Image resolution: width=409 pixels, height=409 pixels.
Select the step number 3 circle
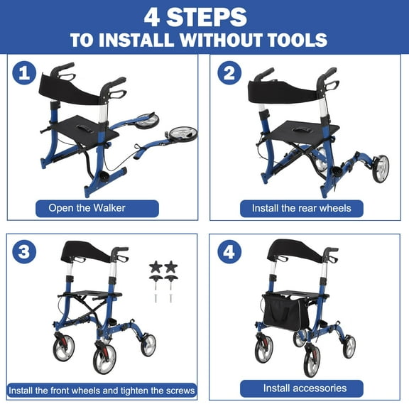[x=26, y=252]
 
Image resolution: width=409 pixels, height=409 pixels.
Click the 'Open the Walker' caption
[x=97, y=209]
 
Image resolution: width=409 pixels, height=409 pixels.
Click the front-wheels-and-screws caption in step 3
[x=102, y=391]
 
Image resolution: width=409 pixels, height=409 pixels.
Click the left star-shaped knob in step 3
[x=156, y=267]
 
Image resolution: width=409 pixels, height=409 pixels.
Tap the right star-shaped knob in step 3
[x=170, y=267]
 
